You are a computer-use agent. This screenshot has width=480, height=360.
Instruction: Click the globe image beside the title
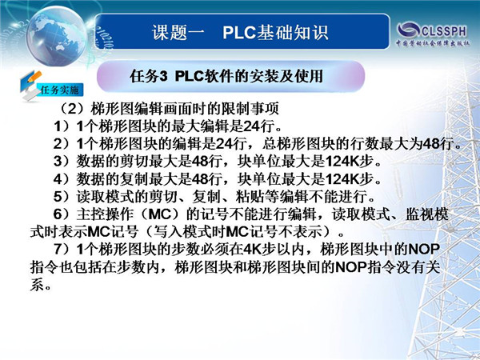pos(57,36)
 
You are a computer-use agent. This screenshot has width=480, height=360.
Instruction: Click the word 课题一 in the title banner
pos(178,33)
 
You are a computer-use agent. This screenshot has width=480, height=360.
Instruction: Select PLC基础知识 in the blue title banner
pos(275,33)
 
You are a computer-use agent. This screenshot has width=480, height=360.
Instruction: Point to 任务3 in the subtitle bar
pos(149,76)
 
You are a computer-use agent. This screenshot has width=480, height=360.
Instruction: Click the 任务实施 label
pos(60,90)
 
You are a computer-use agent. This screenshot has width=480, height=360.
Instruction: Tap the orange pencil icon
pos(34,77)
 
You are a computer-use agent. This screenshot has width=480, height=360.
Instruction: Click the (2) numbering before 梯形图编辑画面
pos(71,109)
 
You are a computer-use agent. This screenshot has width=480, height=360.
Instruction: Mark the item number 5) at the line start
pos(62,197)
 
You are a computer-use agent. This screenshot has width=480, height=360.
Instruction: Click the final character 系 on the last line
pos(37,285)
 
